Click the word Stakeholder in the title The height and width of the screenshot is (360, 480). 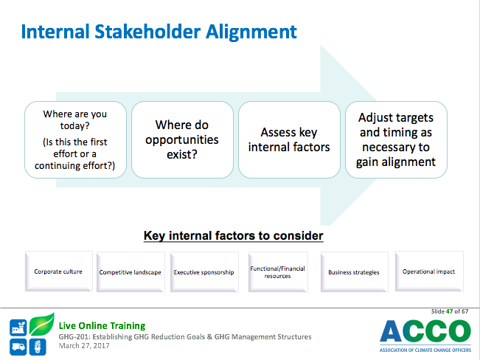[147, 32]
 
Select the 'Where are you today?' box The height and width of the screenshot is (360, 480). [75, 139]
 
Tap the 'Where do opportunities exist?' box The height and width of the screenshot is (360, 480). [182, 139]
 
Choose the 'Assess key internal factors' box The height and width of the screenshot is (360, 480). [289, 139]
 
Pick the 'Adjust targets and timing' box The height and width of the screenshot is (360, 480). [396, 139]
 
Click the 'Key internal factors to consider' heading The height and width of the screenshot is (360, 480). [233, 235]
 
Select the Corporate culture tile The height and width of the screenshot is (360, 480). [58, 271]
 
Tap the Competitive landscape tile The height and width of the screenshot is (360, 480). [131, 272]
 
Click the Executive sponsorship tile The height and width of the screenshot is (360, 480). [204, 272]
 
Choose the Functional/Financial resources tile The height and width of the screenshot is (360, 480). [278, 272]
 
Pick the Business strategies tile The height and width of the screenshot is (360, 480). [354, 272]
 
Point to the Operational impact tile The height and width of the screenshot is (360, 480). [429, 271]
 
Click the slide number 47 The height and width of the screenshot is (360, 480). [449, 311]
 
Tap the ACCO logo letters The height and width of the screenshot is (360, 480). [425, 331]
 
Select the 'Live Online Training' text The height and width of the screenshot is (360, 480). [102, 325]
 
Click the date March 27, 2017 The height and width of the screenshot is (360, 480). [84, 345]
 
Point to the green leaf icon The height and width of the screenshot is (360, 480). [42, 324]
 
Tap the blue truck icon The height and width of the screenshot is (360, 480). [18, 347]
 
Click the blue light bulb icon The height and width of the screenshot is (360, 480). [38, 347]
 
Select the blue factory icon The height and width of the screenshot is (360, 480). [18, 328]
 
